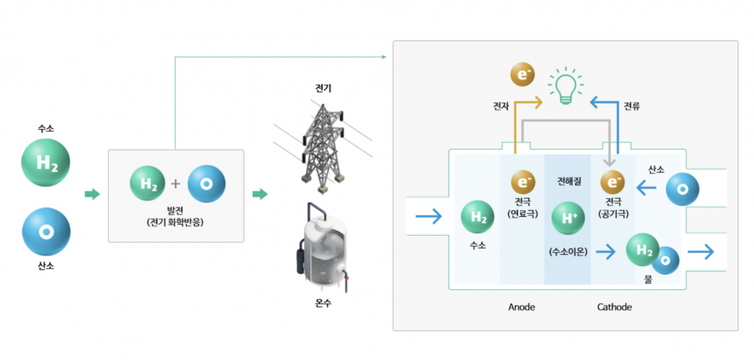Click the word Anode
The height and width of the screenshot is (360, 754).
tap(522, 307)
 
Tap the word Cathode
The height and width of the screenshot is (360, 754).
tap(614, 307)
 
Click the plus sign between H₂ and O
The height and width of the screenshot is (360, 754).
tap(176, 184)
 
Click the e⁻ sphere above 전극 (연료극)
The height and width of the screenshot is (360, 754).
tap(522, 183)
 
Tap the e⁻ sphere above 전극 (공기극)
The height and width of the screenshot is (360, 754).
tap(614, 183)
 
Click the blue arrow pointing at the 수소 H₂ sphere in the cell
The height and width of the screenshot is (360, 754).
tap(428, 217)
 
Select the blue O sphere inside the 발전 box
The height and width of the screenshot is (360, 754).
tap(207, 184)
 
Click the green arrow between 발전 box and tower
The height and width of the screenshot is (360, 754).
tap(260, 194)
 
